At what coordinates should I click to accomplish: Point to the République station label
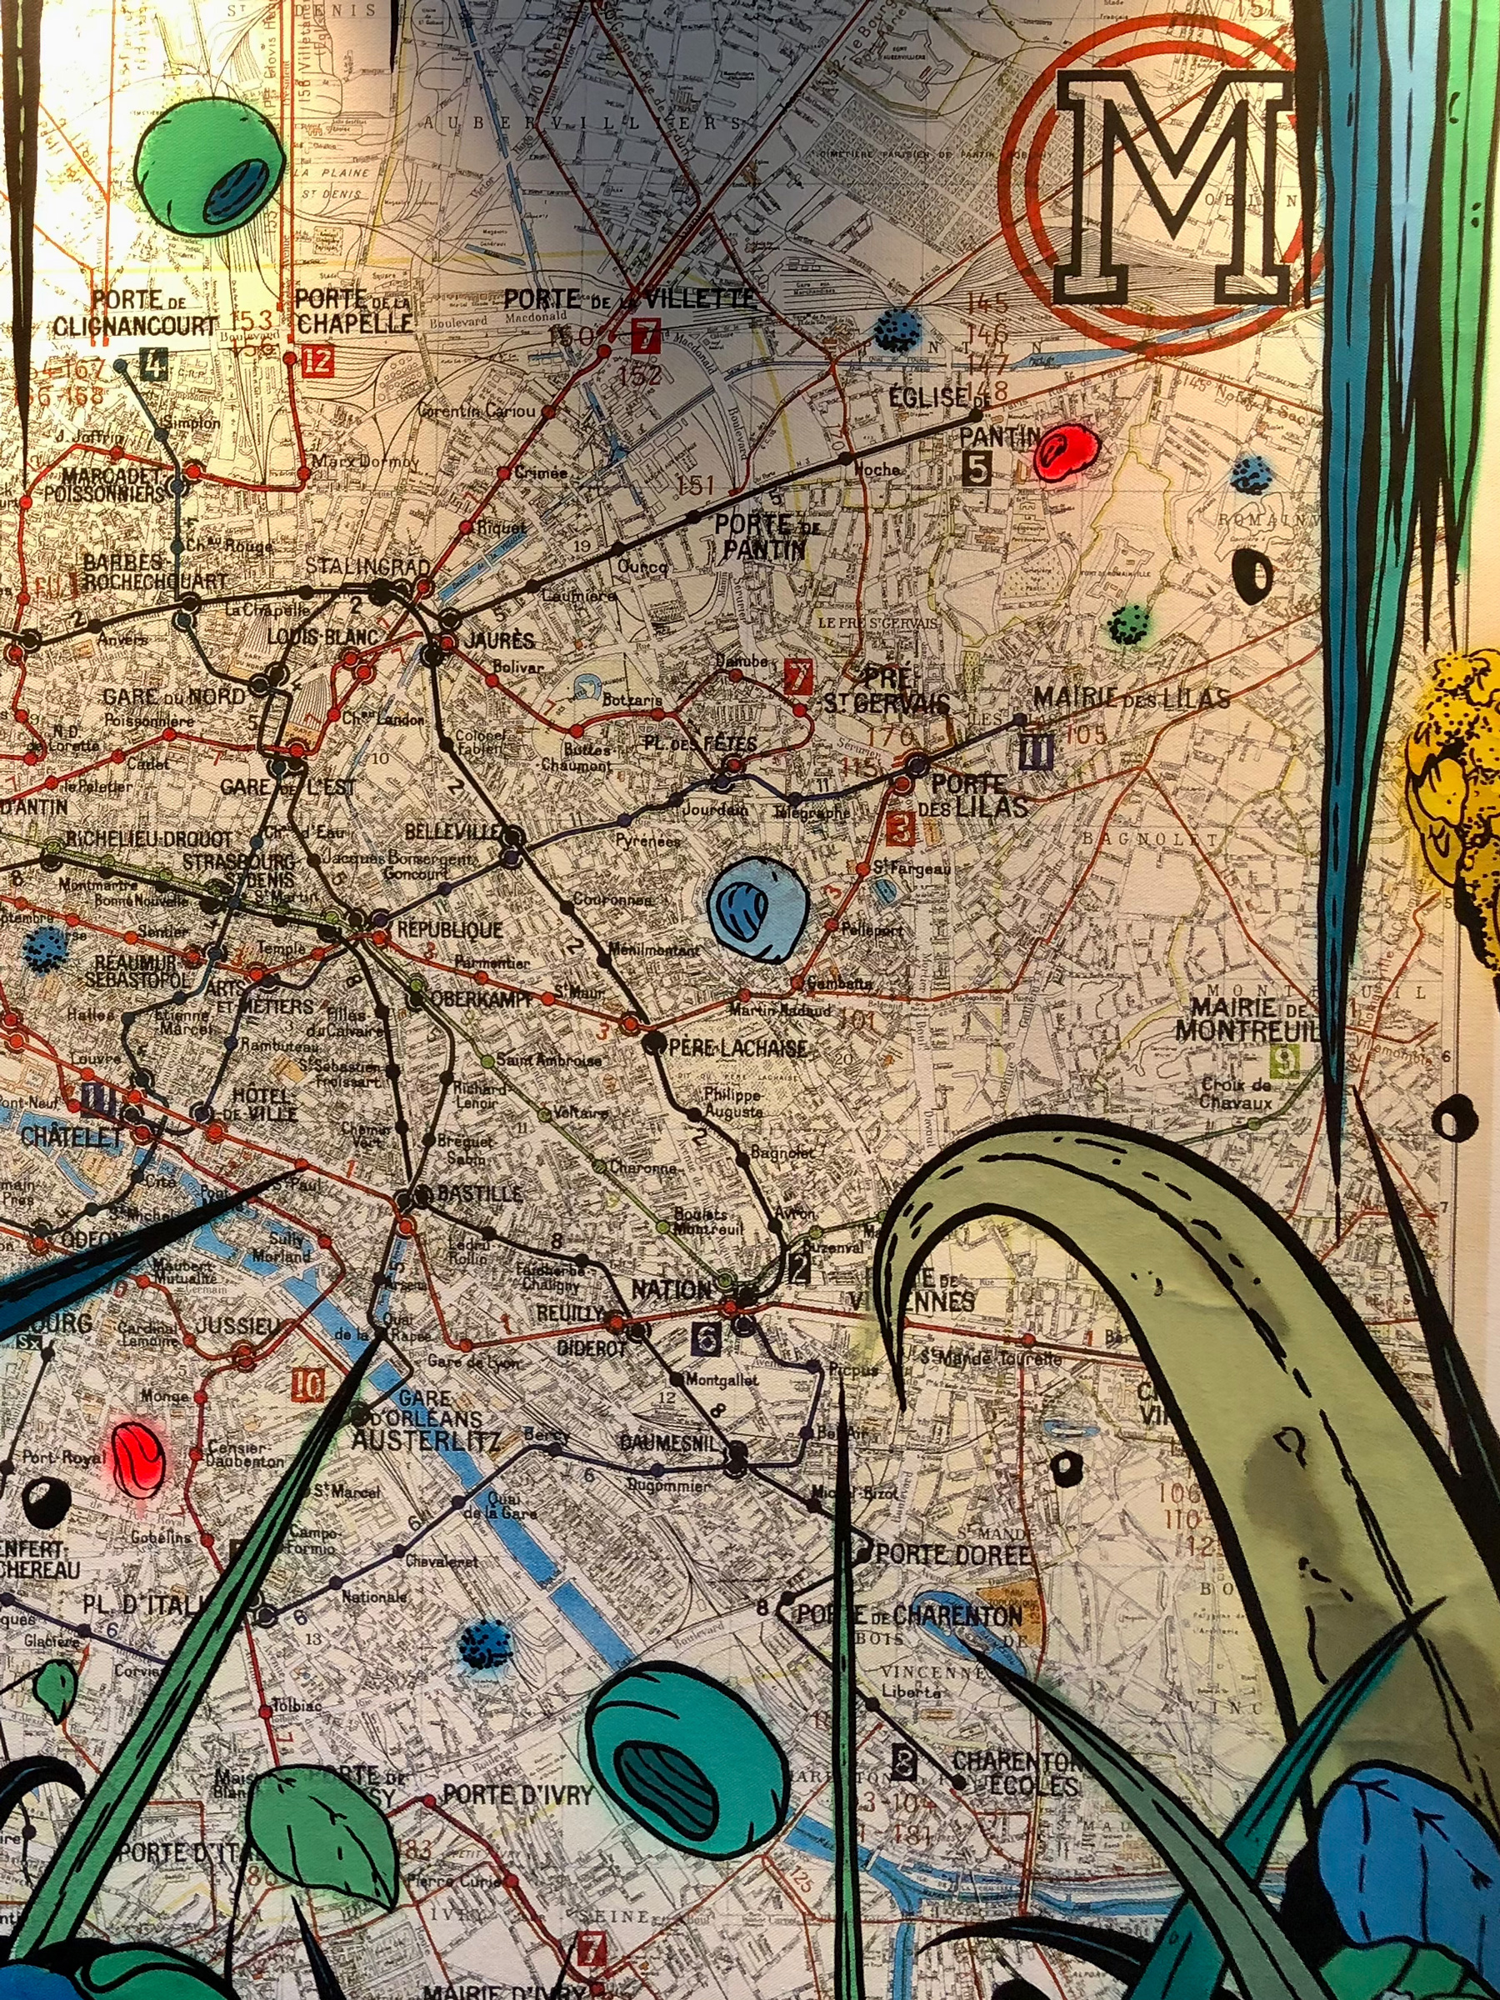(437, 928)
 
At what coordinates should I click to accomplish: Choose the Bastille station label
(479, 1193)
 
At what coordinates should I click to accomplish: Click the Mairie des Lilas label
(1130, 698)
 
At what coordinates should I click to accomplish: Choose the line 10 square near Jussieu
(307, 1384)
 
